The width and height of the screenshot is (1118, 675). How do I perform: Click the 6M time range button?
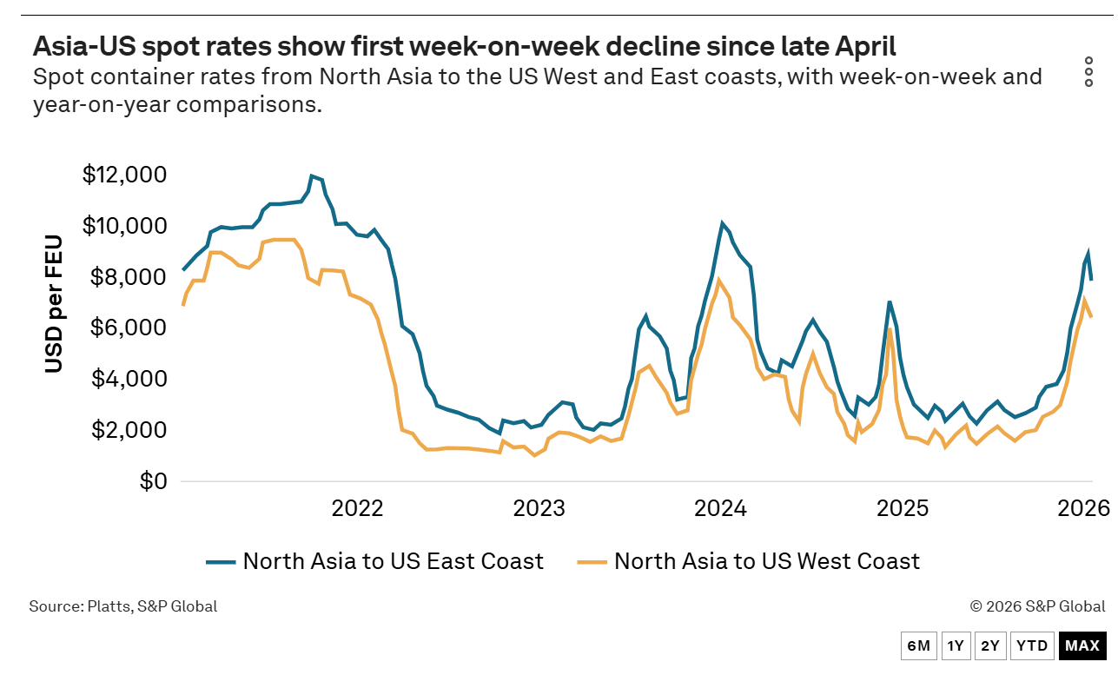tap(918, 646)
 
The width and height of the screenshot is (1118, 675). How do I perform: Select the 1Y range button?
tap(956, 646)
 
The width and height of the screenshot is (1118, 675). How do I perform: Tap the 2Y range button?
tap(990, 646)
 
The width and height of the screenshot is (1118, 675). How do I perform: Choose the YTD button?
tap(1032, 646)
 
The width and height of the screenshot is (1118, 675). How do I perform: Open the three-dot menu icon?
tap(1088, 71)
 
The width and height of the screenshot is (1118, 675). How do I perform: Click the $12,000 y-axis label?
tap(124, 175)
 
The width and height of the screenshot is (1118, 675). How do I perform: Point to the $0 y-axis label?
tap(153, 480)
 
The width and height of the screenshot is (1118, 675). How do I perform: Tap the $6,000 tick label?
tap(129, 328)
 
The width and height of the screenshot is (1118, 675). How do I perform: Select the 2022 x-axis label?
tap(357, 509)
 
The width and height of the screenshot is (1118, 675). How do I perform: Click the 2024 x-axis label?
tap(720, 509)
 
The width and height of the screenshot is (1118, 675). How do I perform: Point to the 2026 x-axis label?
tap(1083, 509)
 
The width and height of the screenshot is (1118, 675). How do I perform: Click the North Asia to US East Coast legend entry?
tap(374, 561)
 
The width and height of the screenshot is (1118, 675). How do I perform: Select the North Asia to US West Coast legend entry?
tap(748, 561)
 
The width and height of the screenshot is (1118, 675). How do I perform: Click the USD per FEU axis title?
tap(54, 304)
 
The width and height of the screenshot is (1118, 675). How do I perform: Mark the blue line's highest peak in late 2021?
tap(312, 175)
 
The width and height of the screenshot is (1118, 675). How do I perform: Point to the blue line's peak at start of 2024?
tap(722, 222)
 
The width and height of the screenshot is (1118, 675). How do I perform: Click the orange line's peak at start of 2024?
tap(718, 280)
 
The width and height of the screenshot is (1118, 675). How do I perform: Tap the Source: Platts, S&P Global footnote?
tap(122, 606)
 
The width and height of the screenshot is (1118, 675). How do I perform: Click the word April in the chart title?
tap(865, 46)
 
